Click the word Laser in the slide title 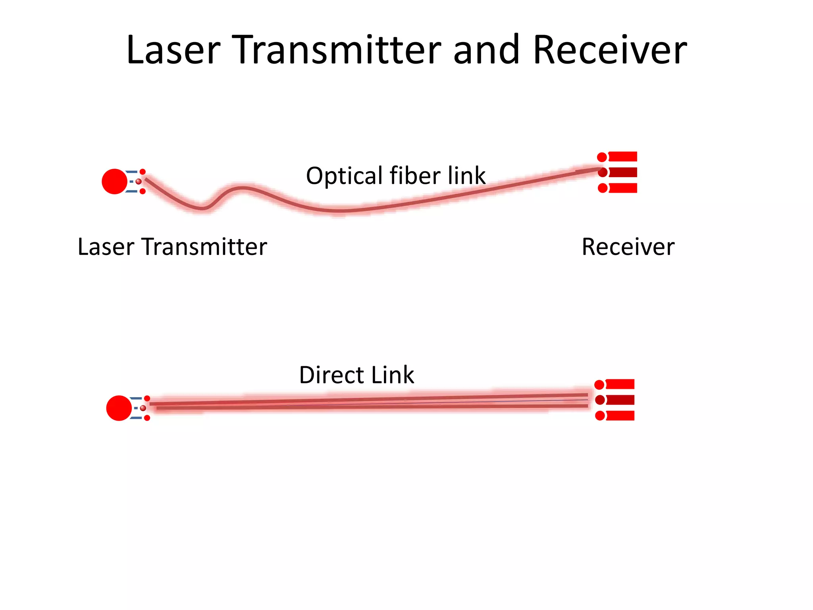click(173, 50)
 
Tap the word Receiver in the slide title click(610, 50)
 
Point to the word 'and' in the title click(486, 50)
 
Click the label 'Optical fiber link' click(395, 176)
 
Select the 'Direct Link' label click(356, 375)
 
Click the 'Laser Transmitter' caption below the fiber click(172, 247)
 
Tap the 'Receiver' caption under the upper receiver click(628, 247)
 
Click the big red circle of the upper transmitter click(114, 181)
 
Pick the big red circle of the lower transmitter click(119, 408)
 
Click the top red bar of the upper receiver click(622, 156)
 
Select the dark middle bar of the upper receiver click(622, 172)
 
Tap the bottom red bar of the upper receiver click(622, 188)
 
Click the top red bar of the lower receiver click(620, 384)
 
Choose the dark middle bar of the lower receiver click(620, 400)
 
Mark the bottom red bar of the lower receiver click(620, 416)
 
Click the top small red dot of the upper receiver click(602, 157)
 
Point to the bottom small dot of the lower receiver click(600, 416)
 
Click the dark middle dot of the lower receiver click(600, 400)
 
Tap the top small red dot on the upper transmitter click(143, 172)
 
